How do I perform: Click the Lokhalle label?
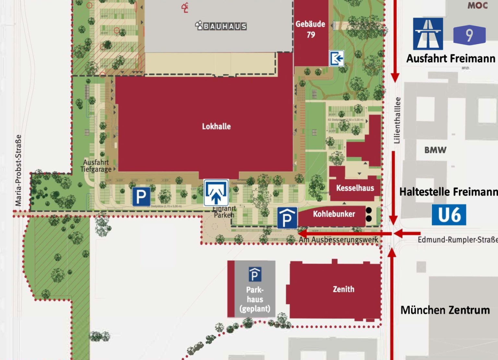click(x=216, y=126)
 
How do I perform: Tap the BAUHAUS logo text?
click(x=221, y=26)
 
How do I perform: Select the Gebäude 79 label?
click(x=310, y=29)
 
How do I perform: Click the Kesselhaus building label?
click(x=355, y=188)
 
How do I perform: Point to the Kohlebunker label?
click(x=334, y=214)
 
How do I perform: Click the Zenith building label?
click(x=343, y=289)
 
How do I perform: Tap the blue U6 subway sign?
click(x=449, y=215)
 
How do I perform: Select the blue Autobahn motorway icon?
click(x=428, y=34)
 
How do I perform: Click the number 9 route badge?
click(x=469, y=35)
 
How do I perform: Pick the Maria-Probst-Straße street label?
click(x=18, y=170)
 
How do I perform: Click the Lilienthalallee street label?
click(x=397, y=120)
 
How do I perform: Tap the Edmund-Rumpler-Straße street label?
click(x=457, y=240)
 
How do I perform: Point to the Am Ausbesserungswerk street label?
click(x=338, y=240)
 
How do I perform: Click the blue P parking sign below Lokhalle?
click(x=141, y=197)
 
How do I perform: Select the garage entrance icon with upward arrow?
click(x=216, y=193)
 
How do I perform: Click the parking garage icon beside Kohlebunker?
click(x=287, y=218)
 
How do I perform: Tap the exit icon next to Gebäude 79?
click(x=337, y=59)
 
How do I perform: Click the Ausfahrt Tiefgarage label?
click(x=96, y=166)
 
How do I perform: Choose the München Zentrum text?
click(x=445, y=310)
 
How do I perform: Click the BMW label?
click(x=435, y=150)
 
